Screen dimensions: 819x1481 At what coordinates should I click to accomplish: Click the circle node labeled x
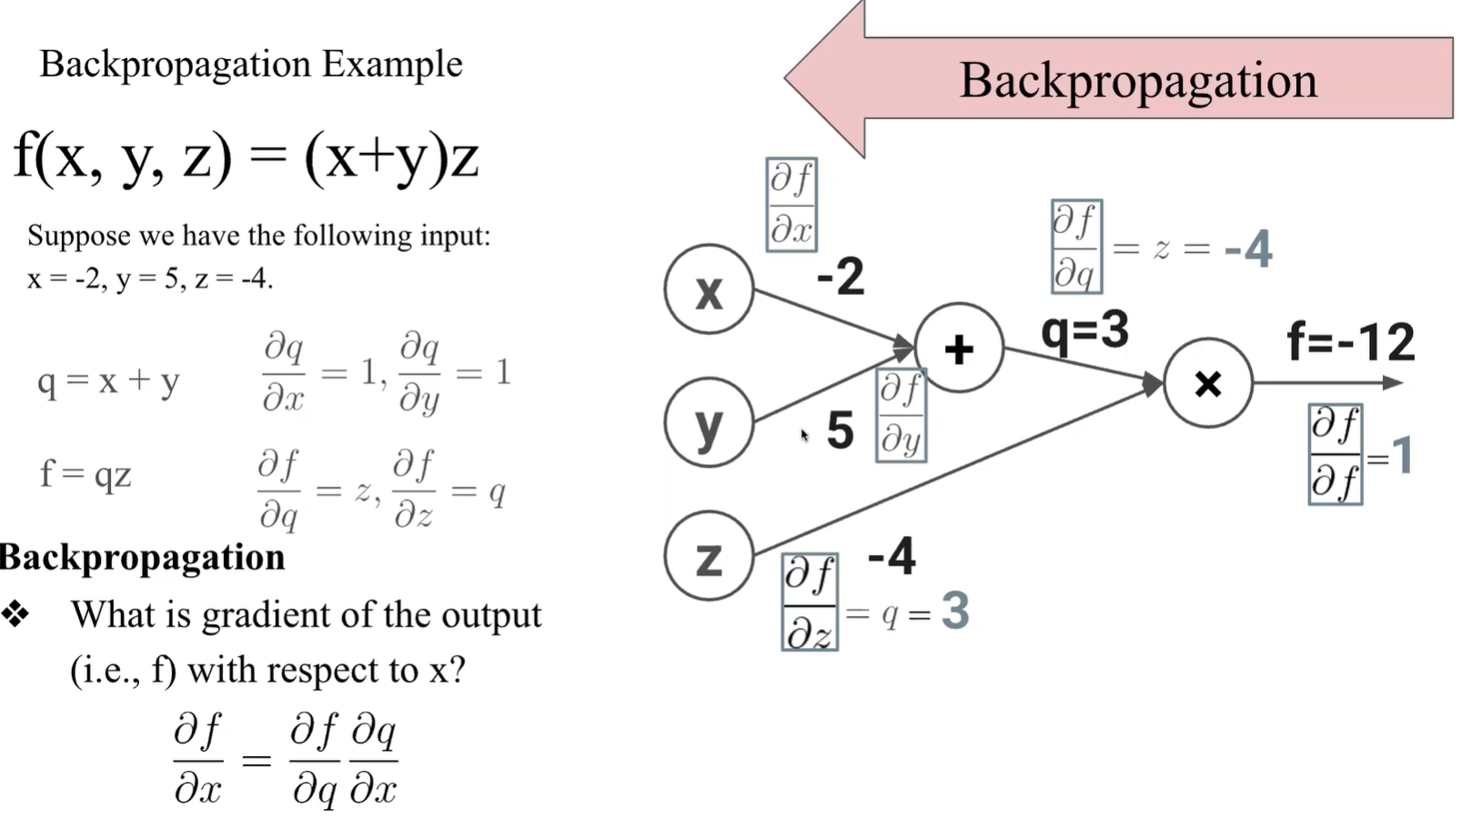pyautogui.click(x=709, y=290)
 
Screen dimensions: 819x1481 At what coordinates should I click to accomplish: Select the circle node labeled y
pyautogui.click(x=709, y=423)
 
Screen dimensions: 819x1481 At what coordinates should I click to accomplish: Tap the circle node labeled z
pyautogui.click(x=709, y=556)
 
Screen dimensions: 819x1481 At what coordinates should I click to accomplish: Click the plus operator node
pyautogui.click(x=959, y=349)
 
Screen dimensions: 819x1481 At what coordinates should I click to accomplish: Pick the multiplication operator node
pyautogui.click(x=1208, y=384)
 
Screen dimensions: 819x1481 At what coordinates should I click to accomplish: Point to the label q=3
pyautogui.click(x=1084, y=329)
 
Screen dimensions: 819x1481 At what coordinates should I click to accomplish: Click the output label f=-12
pyautogui.click(x=1351, y=342)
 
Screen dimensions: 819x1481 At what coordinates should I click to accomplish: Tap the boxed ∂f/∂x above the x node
pyautogui.click(x=791, y=205)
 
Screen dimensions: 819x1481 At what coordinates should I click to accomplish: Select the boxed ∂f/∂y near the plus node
pyautogui.click(x=901, y=415)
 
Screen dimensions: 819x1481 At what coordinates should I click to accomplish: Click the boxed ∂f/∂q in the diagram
pyautogui.click(x=1076, y=247)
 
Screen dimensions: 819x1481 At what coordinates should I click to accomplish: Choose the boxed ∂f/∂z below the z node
pyautogui.click(x=809, y=602)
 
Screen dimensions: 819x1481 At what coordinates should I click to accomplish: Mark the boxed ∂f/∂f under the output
pyautogui.click(x=1335, y=455)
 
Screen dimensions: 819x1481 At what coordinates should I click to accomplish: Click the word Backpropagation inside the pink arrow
pyautogui.click(x=1138, y=80)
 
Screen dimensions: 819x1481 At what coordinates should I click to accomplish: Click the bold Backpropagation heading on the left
pyautogui.click(x=143, y=557)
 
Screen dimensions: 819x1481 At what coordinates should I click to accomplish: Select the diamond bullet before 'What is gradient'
pyautogui.click(x=15, y=614)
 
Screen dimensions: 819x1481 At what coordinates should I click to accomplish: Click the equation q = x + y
pyautogui.click(x=108, y=381)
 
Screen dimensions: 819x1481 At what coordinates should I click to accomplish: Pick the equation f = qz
pyautogui.click(x=86, y=474)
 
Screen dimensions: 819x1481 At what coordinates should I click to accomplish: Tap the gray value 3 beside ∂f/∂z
pyautogui.click(x=955, y=611)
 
